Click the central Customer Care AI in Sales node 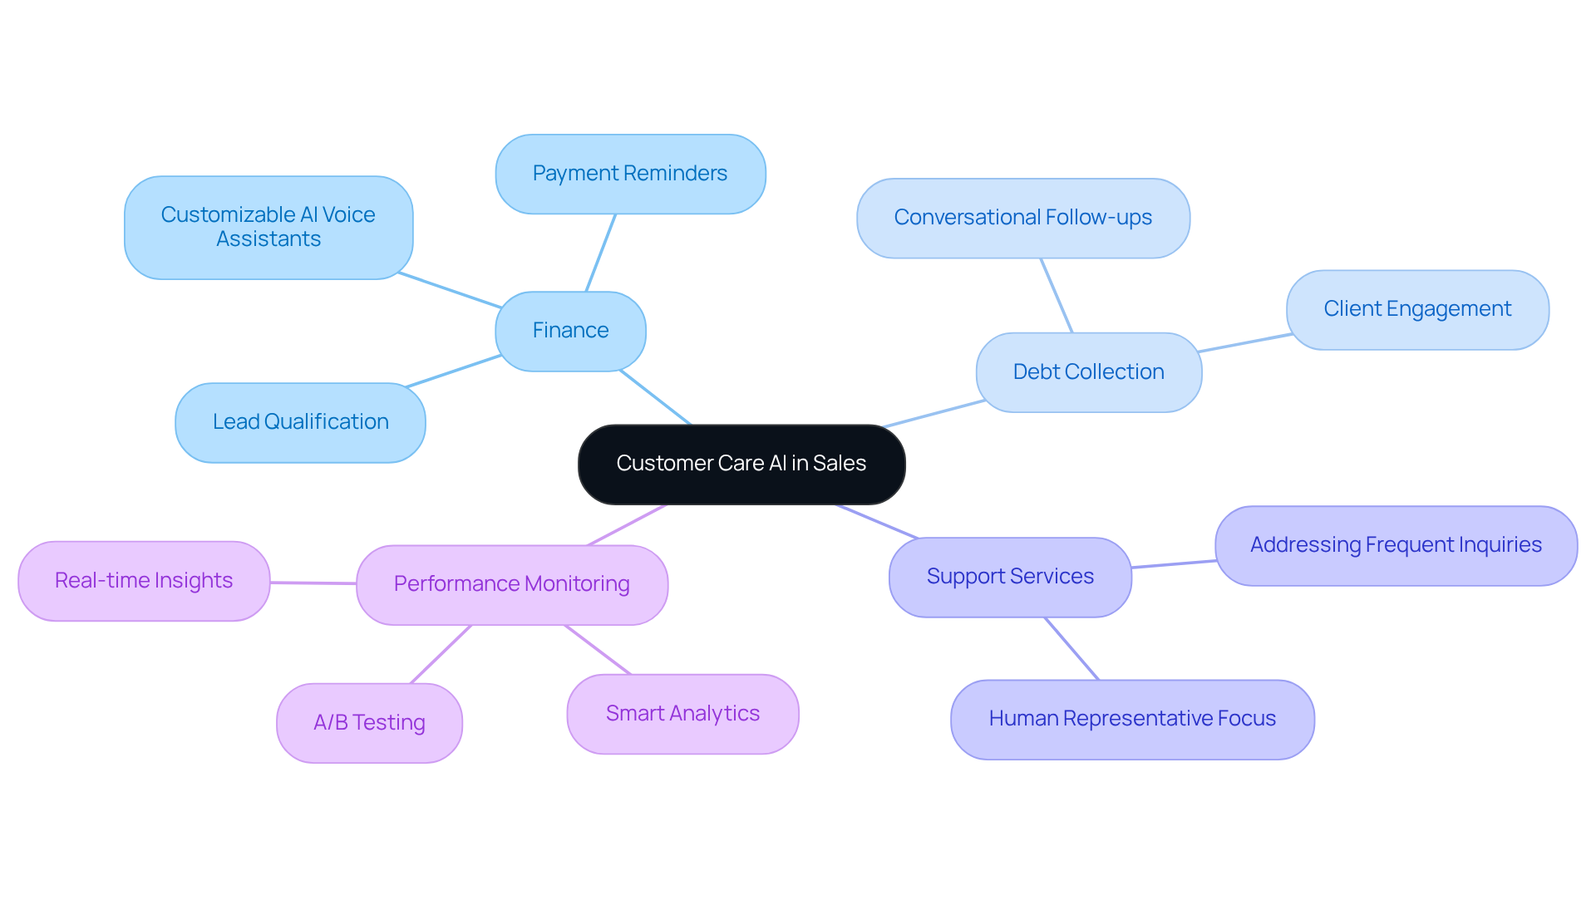click(741, 464)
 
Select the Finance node click(570, 331)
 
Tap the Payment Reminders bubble click(630, 174)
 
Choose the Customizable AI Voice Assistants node click(268, 227)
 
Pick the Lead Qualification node click(300, 422)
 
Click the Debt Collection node click(1088, 372)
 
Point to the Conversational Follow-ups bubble click(1022, 218)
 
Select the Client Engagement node click(1417, 309)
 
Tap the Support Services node click(1010, 577)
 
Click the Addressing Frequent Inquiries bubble click(1396, 545)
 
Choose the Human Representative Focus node click(1132, 719)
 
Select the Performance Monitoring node click(511, 584)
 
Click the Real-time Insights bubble click(144, 581)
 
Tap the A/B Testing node click(369, 723)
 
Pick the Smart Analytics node click(682, 714)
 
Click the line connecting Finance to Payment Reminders click(600, 253)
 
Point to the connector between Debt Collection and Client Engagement click(1244, 343)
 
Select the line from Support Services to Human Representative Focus click(1071, 649)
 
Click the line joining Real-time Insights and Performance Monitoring click(313, 583)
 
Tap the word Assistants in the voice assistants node click(268, 239)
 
